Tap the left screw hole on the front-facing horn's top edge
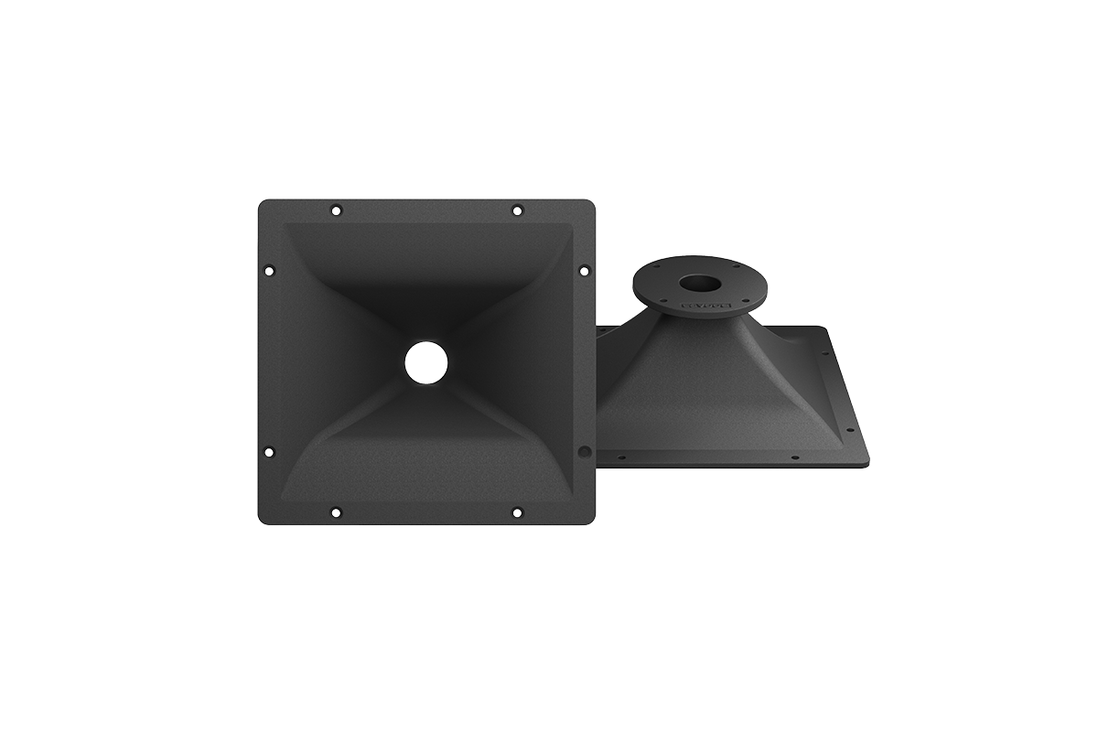(x=336, y=210)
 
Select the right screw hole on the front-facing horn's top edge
(x=517, y=210)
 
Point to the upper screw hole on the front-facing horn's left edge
(x=269, y=270)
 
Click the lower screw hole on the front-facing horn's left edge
(x=269, y=451)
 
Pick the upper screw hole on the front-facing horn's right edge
(x=584, y=270)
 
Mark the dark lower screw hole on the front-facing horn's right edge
(x=584, y=451)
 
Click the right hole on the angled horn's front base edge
(x=794, y=457)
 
